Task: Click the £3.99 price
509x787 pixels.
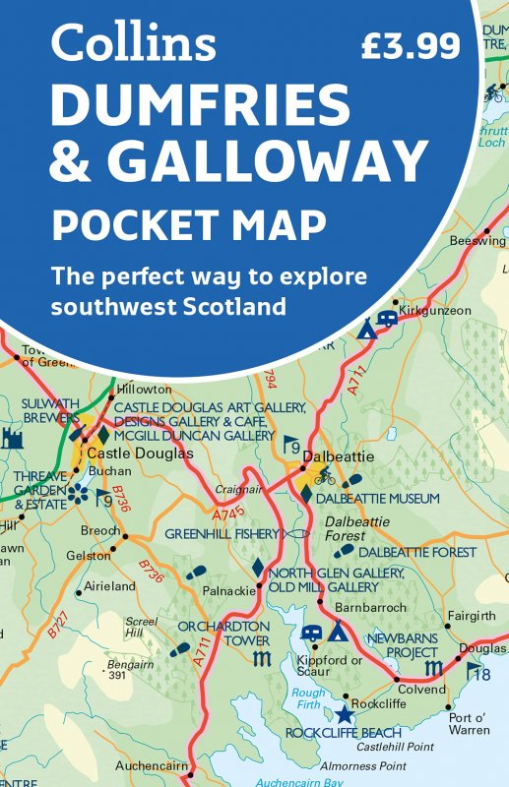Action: [x=411, y=45]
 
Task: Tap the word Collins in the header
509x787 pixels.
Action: [x=134, y=42]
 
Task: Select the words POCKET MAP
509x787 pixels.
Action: [x=189, y=225]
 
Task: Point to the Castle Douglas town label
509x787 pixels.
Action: [x=141, y=454]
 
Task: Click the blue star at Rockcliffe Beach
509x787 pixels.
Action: [x=344, y=713]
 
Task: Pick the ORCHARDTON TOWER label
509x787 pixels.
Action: [x=223, y=633]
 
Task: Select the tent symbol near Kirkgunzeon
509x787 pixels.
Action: [x=365, y=328]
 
